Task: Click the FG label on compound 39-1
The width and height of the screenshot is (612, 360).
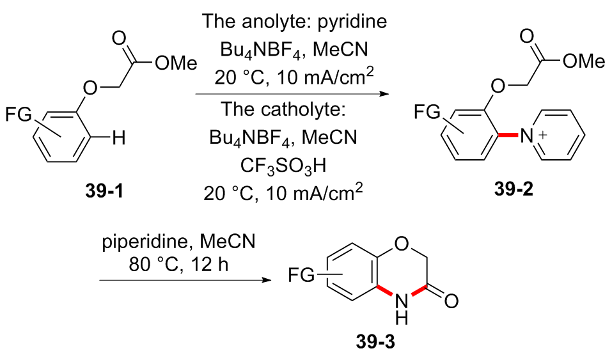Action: coord(17,115)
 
